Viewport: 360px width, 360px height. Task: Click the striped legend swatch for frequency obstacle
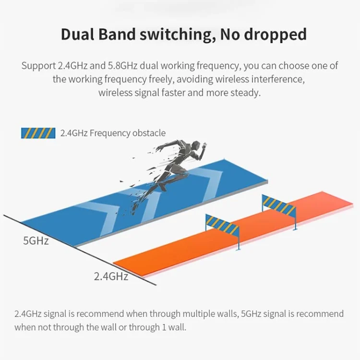click(x=38, y=133)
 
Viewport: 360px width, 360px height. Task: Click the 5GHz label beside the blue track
click(x=36, y=240)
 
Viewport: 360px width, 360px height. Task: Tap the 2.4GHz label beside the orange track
click(x=111, y=276)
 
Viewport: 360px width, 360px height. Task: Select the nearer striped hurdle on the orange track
click(x=222, y=223)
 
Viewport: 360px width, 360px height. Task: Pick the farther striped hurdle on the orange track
click(x=278, y=205)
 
